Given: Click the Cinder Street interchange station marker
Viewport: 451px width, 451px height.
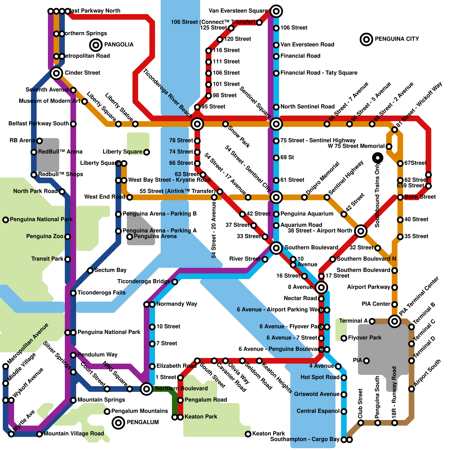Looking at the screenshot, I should [x=56, y=73].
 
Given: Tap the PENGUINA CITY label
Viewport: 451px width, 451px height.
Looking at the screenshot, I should [x=397, y=39].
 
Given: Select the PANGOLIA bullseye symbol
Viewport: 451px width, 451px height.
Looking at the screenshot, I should [x=96, y=45].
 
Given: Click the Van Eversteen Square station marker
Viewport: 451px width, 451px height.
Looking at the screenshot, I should [x=276, y=11].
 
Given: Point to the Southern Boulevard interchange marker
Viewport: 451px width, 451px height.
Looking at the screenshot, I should [x=276, y=248].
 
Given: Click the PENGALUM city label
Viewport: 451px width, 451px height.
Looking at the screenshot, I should [x=143, y=422].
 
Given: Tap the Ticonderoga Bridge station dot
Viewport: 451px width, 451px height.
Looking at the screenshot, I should [x=175, y=282].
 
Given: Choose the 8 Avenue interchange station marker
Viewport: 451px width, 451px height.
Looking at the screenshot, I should [x=321, y=288].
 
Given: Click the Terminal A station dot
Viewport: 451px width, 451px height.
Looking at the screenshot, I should [x=372, y=321].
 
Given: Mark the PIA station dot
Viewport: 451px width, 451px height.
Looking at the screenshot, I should [x=366, y=361].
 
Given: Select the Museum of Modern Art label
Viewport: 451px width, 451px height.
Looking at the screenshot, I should [x=50, y=101].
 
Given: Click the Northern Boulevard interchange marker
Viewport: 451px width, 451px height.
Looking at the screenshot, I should [x=147, y=389].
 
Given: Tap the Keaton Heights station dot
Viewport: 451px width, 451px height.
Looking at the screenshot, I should [x=259, y=361].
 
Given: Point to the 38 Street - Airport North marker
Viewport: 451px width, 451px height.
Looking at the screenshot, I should [x=361, y=231].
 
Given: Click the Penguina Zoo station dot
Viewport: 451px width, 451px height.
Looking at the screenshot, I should [x=68, y=237].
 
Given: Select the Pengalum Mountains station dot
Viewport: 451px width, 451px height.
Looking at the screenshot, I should [x=107, y=412].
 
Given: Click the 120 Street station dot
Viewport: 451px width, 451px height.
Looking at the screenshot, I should [x=220, y=39].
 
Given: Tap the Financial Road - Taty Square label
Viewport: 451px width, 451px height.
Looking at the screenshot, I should [x=319, y=73].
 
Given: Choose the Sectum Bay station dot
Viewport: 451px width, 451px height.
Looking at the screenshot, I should [x=90, y=271].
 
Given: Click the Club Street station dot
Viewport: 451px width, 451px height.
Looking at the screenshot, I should [x=361, y=423].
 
